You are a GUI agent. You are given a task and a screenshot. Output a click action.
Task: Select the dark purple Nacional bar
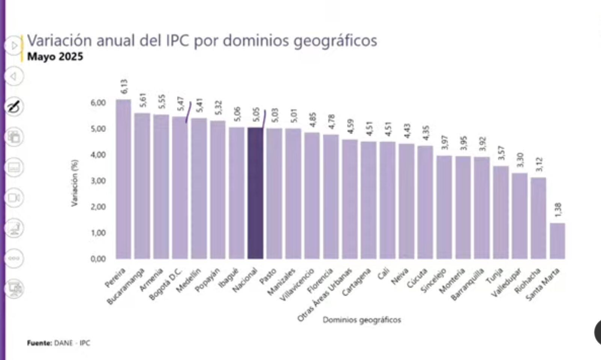click(255, 193)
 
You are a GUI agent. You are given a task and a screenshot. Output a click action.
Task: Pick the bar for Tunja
click(501, 212)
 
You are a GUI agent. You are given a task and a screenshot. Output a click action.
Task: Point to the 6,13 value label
click(124, 86)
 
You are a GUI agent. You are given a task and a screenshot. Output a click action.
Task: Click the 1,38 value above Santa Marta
click(558, 210)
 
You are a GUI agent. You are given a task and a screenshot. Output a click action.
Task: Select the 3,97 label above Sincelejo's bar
click(444, 142)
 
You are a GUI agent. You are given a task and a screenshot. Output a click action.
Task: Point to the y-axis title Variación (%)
click(74, 183)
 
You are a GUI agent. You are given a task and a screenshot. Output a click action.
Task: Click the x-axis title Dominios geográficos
click(362, 320)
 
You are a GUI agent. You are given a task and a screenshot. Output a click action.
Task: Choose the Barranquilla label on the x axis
click(467, 284)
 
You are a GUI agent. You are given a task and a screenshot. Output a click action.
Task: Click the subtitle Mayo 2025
click(55, 57)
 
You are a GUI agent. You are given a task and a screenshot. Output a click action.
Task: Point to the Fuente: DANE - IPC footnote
click(59, 343)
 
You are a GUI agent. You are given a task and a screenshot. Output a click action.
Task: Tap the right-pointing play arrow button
click(14, 46)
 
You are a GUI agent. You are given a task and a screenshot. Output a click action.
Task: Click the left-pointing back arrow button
click(14, 76)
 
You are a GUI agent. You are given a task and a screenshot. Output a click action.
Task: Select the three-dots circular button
click(14, 259)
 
